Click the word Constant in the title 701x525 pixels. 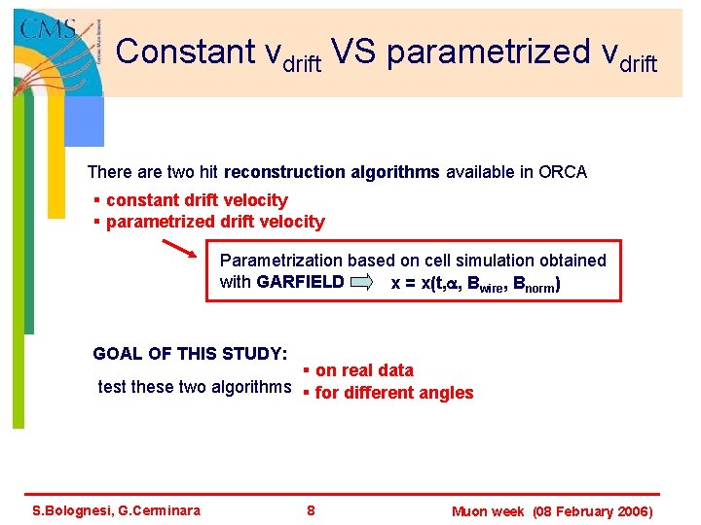coord(180,52)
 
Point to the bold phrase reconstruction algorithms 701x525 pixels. coord(332,172)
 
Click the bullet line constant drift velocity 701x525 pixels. coord(196,200)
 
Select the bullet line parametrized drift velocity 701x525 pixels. coord(214,222)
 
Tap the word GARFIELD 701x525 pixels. coord(300,283)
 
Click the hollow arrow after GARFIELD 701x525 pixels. coord(361,283)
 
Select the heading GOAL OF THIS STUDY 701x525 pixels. coord(189,353)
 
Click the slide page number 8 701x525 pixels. coord(311,510)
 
